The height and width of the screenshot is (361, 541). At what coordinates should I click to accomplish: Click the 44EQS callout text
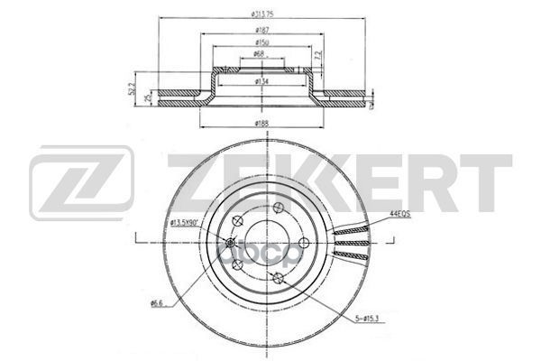coord(401,214)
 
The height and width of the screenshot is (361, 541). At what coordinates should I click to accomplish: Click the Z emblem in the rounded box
coord(82,184)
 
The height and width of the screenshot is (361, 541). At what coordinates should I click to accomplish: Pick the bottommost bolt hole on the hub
coord(280,278)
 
